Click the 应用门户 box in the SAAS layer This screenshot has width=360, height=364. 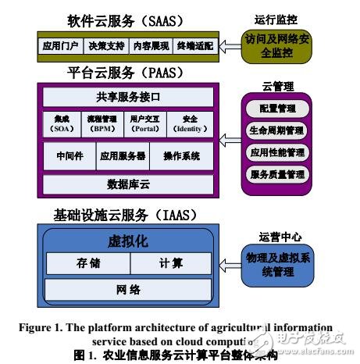[x=60, y=46]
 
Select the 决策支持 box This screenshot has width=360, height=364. [x=105, y=46]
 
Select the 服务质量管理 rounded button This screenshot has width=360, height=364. [x=276, y=175]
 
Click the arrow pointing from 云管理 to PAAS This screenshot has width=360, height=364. [x=230, y=139]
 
